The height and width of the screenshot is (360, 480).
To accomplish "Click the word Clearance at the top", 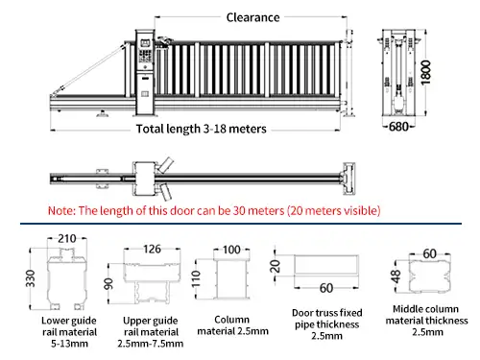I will point(253,17).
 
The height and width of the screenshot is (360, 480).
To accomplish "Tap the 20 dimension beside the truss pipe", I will point(273,264).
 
